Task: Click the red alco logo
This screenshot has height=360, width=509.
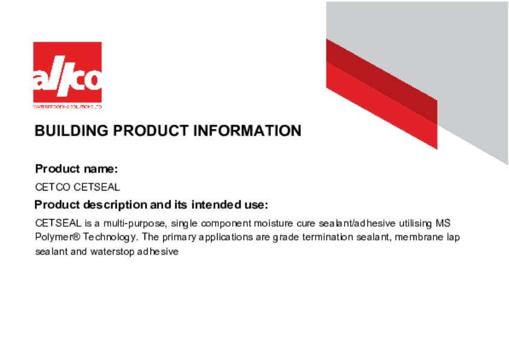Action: pyautogui.click(x=67, y=73)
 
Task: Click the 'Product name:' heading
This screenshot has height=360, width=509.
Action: pyautogui.click(x=76, y=168)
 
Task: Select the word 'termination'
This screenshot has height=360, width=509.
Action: pyautogui.click(x=337, y=237)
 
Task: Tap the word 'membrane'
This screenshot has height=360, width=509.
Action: pyautogui.click(x=421, y=237)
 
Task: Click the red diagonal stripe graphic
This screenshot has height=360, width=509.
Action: pyautogui.click(x=381, y=94)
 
